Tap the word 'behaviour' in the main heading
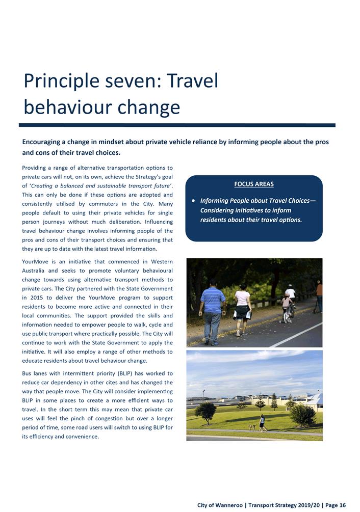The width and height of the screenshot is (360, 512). [67, 107]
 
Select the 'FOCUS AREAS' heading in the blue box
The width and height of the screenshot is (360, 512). [254, 184]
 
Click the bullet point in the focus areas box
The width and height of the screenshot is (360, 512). [194, 201]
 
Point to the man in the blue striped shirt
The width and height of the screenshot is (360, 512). [212, 311]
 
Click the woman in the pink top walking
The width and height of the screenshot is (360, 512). [242, 308]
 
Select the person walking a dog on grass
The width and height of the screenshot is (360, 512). [262, 422]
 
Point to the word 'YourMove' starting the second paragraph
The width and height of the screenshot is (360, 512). [35, 262]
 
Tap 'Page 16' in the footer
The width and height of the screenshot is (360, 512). [336, 505]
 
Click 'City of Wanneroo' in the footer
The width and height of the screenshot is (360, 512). [220, 505]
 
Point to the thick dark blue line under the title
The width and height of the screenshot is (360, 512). [177, 125]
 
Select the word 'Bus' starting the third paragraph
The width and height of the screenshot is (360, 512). [28, 373]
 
